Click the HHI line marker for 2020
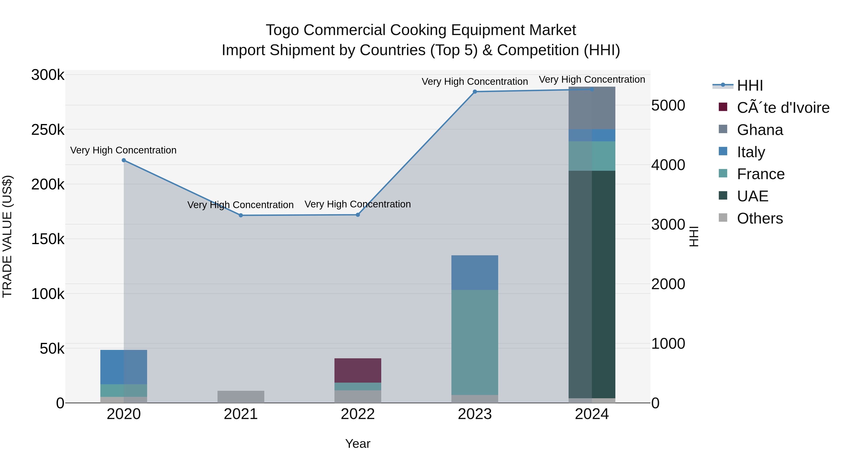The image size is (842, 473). [123, 160]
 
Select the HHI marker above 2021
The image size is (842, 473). [241, 215]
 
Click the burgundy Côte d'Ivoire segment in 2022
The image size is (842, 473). [358, 370]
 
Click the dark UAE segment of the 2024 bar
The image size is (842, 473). [592, 284]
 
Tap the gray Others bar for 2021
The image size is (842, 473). [241, 397]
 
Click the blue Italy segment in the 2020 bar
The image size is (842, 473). [123, 367]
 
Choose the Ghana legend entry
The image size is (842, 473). [760, 130]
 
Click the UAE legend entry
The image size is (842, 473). [752, 196]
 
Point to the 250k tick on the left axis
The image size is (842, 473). [48, 130]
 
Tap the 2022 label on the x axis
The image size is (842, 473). [358, 414]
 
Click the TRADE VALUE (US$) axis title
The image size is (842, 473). [7, 236]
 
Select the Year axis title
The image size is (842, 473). [358, 444]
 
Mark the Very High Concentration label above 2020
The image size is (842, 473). [123, 150]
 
